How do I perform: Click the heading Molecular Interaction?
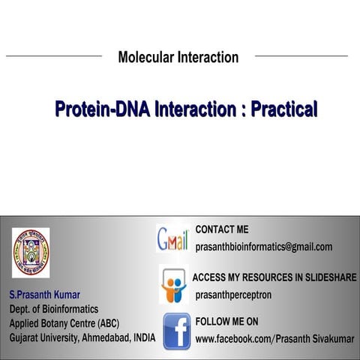pyautogui.click(x=178, y=57)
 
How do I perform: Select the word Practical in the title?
pyautogui.click(x=283, y=109)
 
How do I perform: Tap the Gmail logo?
pyautogui.click(x=172, y=239)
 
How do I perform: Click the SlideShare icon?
pyautogui.click(x=174, y=285)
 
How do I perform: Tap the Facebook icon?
pyautogui.click(x=176, y=331)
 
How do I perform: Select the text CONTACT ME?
pyautogui.click(x=221, y=229)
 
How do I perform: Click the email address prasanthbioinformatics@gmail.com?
pyautogui.click(x=263, y=247)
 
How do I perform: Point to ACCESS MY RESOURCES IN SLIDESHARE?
pyautogui.click(x=274, y=277)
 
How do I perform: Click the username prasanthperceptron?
pyautogui.click(x=233, y=295)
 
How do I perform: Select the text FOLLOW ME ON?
pyautogui.click(x=226, y=322)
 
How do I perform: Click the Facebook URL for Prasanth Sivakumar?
pyautogui.click(x=274, y=339)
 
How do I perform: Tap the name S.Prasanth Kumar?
pyautogui.click(x=44, y=294)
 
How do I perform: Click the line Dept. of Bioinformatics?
pyautogui.click(x=53, y=308)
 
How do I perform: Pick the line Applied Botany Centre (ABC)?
pyautogui.click(x=64, y=323)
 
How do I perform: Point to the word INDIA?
pyautogui.click(x=142, y=337)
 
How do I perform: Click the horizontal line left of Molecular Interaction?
pyautogui.click(x=53, y=55)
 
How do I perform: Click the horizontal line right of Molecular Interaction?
pyautogui.click(x=301, y=55)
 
